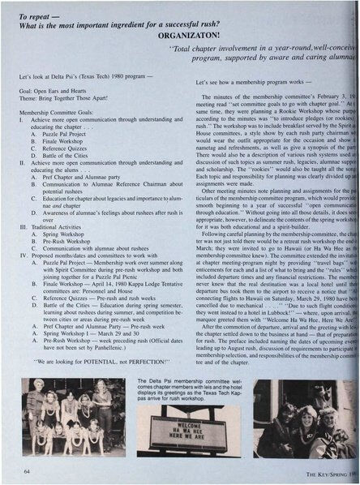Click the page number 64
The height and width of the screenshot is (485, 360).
[x=28, y=470]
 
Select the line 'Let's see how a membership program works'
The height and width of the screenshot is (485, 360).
[x=251, y=83]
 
